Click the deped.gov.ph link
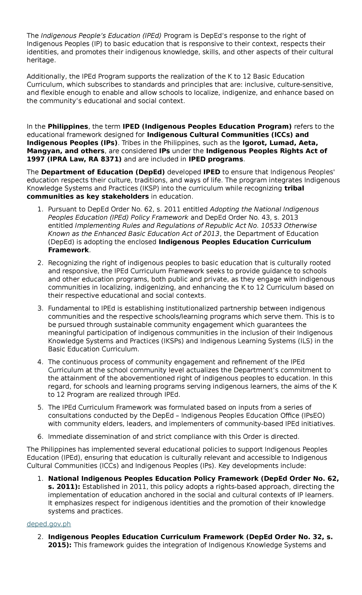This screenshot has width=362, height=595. [x=49, y=524]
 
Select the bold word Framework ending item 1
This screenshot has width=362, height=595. [x=68, y=250]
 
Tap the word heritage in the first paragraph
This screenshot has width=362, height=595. [x=41, y=60]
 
